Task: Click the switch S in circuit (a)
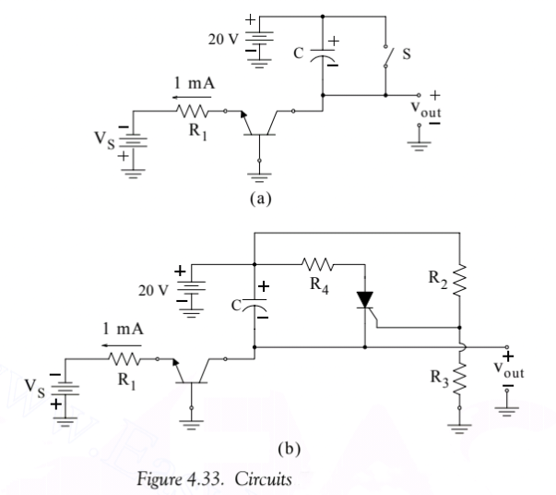pyautogui.click(x=386, y=56)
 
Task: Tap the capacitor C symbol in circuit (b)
pyautogui.click(x=254, y=302)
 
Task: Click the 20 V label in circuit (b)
pyautogui.click(x=156, y=288)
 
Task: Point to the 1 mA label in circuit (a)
pyautogui.click(x=191, y=83)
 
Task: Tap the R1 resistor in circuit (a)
pyautogui.click(x=195, y=112)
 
